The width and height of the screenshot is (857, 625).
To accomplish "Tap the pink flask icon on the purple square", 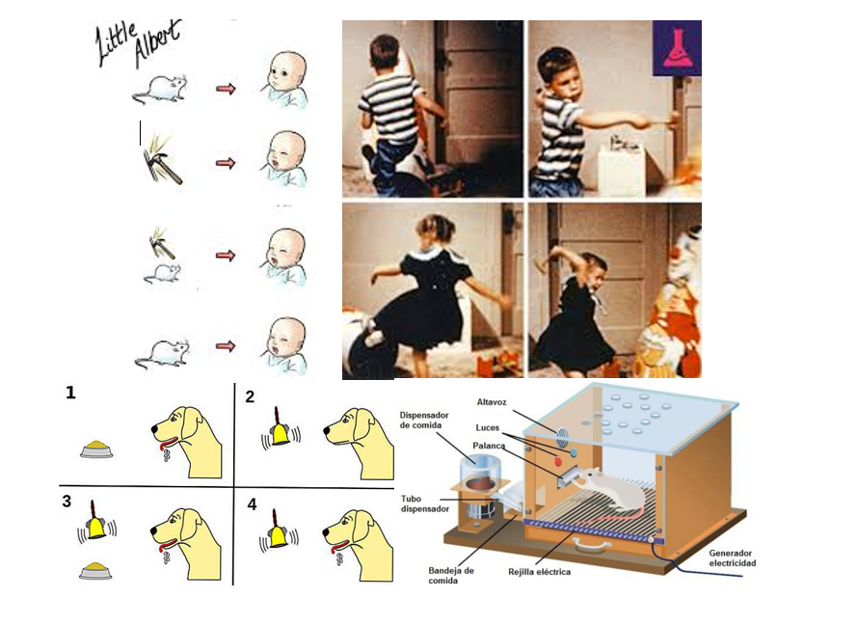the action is click(677, 48).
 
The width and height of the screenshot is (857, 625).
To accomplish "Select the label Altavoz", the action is click(492, 402).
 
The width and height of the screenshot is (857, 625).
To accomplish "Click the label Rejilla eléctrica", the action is click(539, 572).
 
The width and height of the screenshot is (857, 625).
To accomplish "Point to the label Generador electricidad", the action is click(733, 557).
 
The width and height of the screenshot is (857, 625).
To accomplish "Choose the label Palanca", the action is click(489, 446).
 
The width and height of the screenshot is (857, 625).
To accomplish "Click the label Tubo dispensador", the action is click(425, 503).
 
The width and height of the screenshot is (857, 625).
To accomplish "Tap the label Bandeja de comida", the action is click(451, 575).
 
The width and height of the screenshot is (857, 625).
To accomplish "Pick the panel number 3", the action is click(67, 502).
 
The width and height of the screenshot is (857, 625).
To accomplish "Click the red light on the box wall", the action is click(557, 461).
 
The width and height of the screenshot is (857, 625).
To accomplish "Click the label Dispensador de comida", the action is click(423, 420).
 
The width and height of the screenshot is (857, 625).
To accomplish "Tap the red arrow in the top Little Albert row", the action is click(226, 89).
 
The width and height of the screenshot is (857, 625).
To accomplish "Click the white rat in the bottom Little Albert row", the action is click(162, 353).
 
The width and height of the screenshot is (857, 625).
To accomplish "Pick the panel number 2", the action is click(250, 396).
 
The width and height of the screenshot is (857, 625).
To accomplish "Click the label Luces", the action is click(488, 427).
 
